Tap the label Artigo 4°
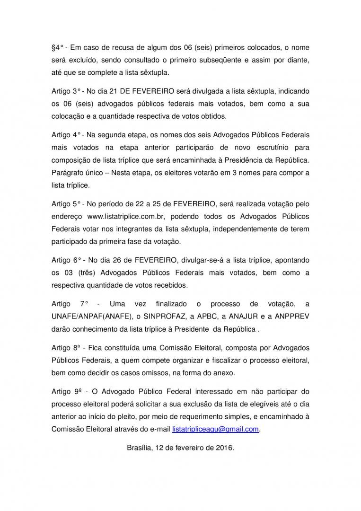(x=66, y=135)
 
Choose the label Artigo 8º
(x=66, y=348)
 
